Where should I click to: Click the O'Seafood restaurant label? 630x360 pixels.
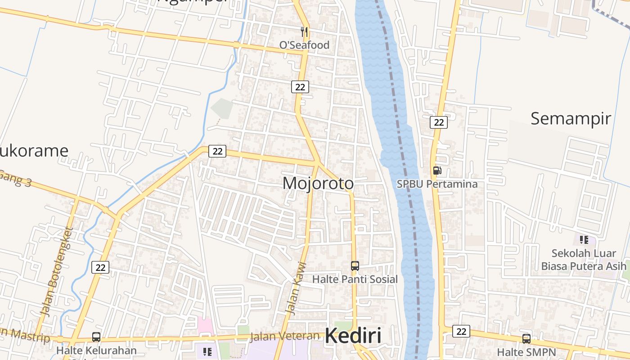(304, 45)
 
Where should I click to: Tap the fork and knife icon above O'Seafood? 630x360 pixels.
(304, 31)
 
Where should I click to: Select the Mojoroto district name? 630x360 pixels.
(318, 184)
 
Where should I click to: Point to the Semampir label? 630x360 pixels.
(571, 119)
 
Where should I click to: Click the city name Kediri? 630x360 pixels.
(353, 336)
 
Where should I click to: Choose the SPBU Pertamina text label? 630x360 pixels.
(437, 184)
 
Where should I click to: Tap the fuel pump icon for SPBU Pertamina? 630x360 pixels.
(437, 171)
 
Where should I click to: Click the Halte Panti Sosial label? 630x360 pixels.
(355, 279)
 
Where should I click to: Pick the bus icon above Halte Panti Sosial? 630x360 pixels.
(355, 265)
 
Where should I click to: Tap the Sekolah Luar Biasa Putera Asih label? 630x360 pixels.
(584, 260)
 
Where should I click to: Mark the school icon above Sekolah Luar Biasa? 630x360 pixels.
(584, 239)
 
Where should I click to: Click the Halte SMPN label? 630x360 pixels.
(526, 352)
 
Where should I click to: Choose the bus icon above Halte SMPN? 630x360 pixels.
(526, 338)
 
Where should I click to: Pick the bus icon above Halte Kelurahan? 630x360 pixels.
(96, 337)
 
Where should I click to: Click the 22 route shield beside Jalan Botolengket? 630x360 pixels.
(100, 267)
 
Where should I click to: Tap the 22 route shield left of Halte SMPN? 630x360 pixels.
(461, 331)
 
